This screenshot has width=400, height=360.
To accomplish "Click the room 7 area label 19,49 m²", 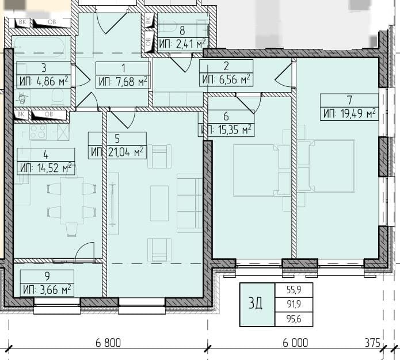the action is (x=349, y=113).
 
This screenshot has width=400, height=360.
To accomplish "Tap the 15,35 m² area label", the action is (x=226, y=130).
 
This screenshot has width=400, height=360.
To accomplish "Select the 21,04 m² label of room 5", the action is (x=117, y=152).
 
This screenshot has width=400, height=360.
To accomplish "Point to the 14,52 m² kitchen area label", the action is (x=46, y=168).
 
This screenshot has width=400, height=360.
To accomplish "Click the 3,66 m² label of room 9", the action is (x=47, y=290).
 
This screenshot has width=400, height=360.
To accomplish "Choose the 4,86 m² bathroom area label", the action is (x=44, y=82).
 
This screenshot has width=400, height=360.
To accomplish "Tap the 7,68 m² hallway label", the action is (x=123, y=82).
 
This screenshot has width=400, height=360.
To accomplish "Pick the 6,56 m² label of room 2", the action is (x=226, y=79).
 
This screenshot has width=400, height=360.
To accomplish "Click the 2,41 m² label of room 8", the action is (x=182, y=44).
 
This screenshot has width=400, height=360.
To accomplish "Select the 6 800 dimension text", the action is (x=108, y=343).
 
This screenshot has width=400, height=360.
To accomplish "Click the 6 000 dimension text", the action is (x=295, y=343).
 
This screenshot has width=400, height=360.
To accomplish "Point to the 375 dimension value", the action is (x=372, y=343).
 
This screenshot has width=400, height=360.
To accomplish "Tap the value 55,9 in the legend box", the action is (x=294, y=290).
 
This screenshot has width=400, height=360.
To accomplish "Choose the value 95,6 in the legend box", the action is (x=294, y=319).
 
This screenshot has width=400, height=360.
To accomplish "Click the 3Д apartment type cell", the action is (x=257, y=304).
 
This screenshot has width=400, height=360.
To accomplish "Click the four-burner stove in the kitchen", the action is (x=38, y=132).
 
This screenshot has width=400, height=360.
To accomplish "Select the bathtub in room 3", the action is (x=40, y=47).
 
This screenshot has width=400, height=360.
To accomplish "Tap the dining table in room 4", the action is (x=72, y=200).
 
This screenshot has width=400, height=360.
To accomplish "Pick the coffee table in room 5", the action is (x=159, y=203).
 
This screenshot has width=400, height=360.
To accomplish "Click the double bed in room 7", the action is (x=332, y=166).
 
